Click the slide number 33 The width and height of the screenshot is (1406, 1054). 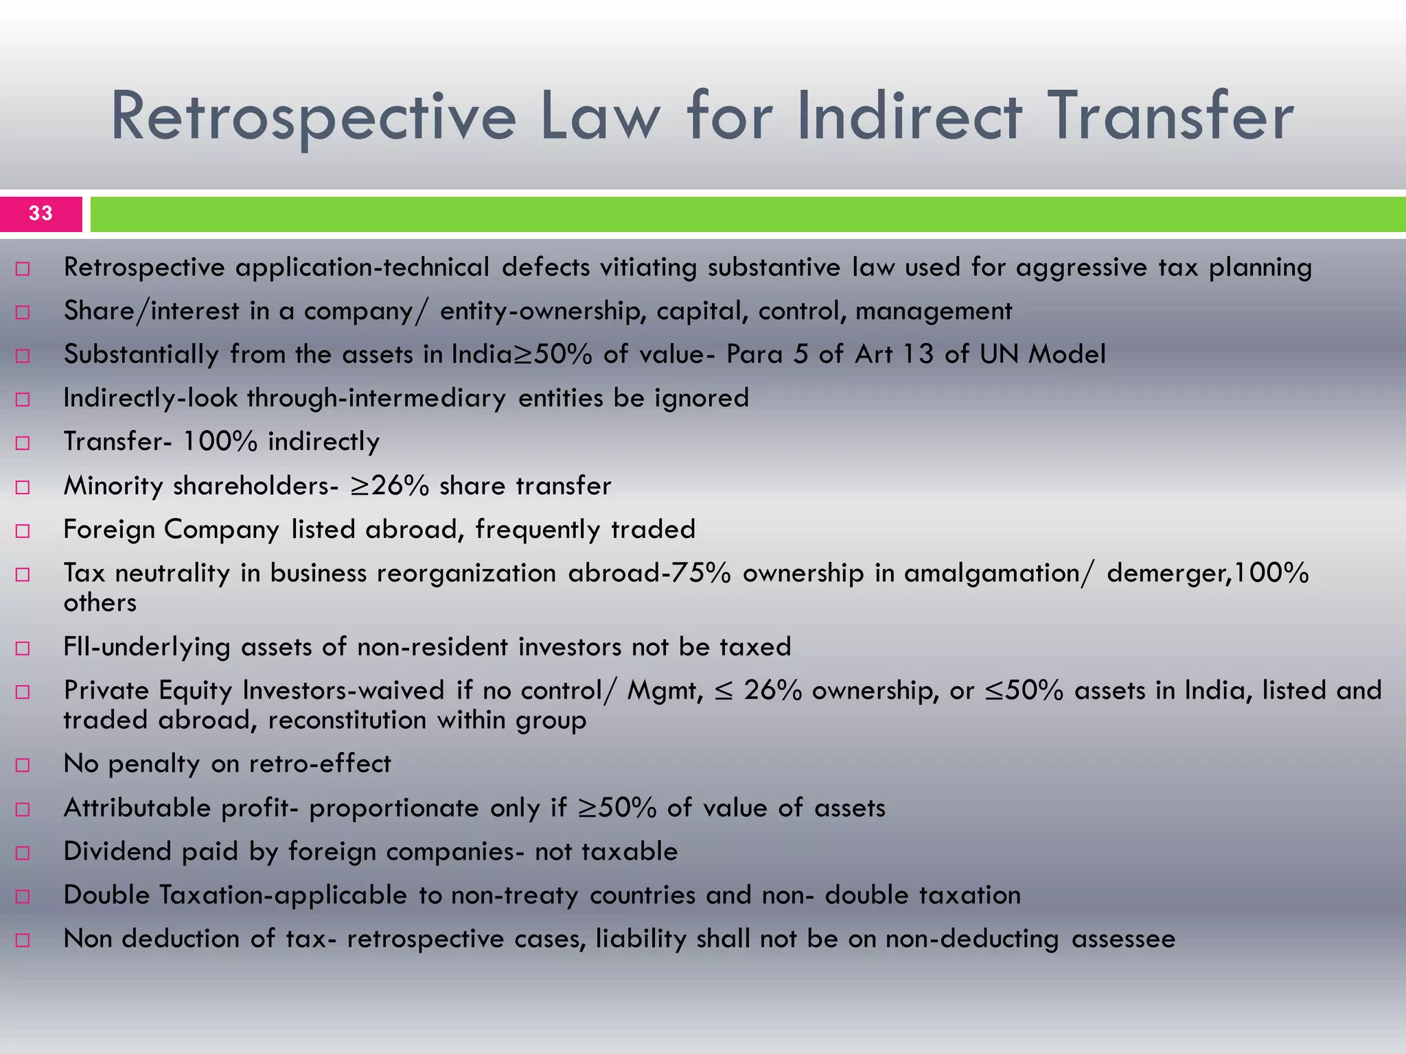41,213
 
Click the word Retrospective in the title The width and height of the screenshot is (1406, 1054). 313,118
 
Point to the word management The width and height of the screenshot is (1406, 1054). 934,312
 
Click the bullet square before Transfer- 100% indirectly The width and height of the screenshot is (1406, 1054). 23,443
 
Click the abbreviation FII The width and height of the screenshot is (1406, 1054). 77,646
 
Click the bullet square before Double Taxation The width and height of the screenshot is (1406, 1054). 23,896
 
